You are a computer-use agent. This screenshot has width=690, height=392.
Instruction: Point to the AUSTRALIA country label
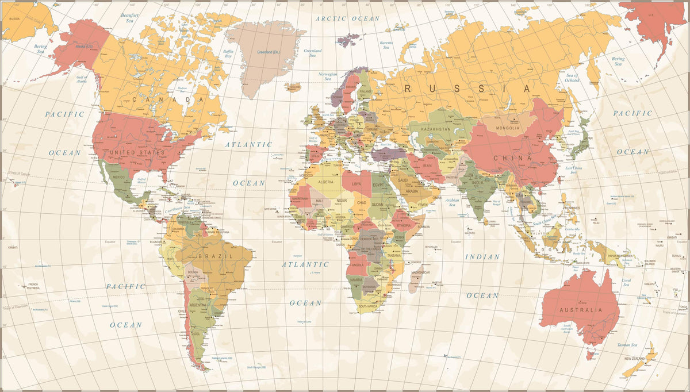point(580,310)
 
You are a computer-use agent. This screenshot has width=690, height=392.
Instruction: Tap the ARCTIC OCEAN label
point(348,18)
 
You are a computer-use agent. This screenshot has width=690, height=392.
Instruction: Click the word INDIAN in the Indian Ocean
point(482,257)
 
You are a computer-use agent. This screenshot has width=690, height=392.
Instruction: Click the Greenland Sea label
point(312,53)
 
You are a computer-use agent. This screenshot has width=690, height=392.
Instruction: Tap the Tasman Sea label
point(627,345)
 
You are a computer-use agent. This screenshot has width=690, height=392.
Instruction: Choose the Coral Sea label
point(626,283)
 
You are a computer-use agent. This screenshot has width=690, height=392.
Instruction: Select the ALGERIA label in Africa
point(326,182)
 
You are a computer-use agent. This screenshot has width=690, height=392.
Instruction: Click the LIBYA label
point(357,184)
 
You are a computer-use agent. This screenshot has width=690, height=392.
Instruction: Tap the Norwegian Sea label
point(328,76)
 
